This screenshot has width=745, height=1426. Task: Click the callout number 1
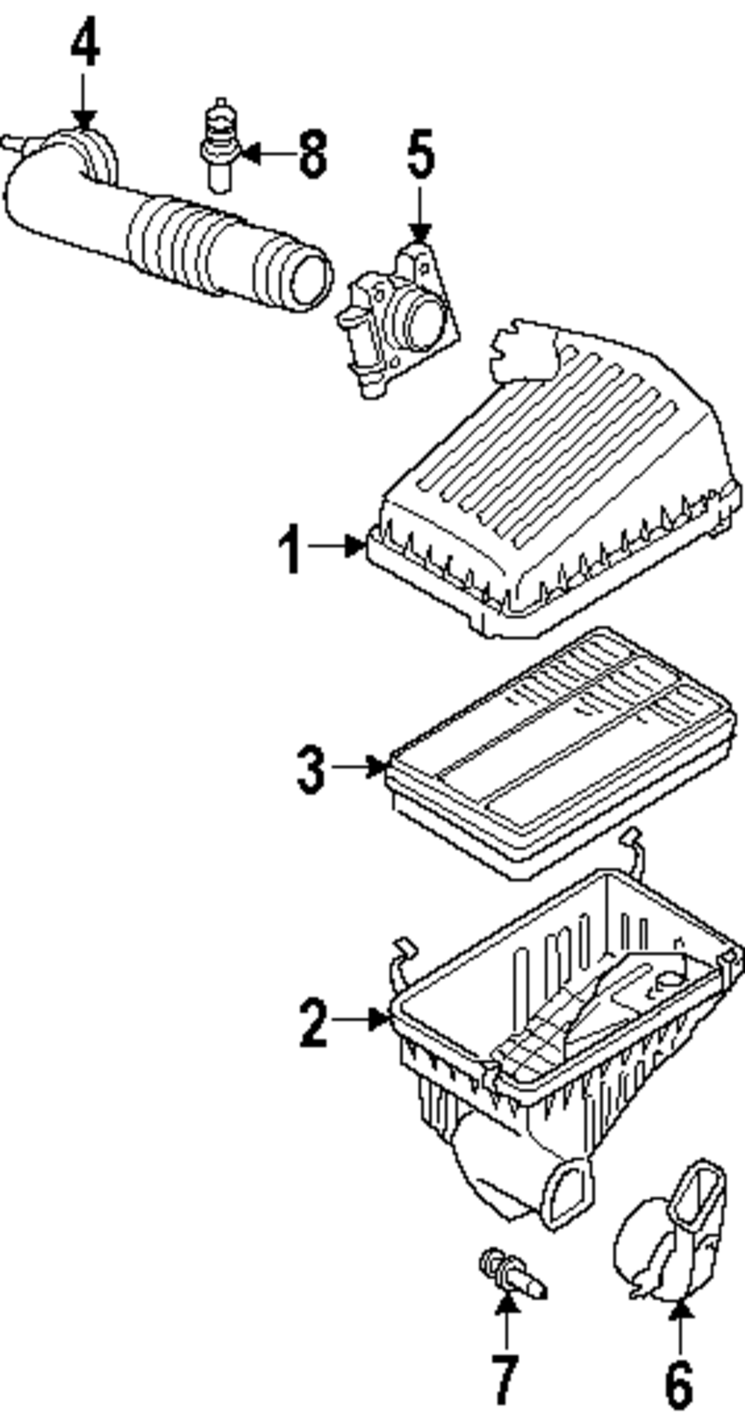pyautogui.click(x=291, y=549)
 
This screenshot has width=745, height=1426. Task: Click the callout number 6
pyautogui.click(x=679, y=1382)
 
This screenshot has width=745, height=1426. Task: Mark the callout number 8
pyautogui.click(x=313, y=154)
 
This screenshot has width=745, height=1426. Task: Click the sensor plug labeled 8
pyautogui.click(x=218, y=145)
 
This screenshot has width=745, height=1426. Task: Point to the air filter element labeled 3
pyautogui.click(x=559, y=752)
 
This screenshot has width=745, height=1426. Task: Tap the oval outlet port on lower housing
pyautogui.click(x=570, y=1195)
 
